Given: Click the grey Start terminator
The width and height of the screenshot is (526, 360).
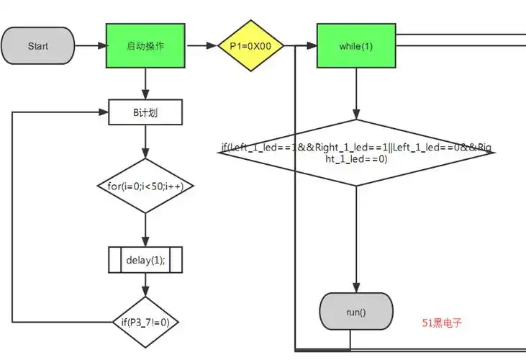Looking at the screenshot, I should (x=38, y=46).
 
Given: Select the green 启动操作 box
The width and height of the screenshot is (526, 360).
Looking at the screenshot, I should (x=145, y=46).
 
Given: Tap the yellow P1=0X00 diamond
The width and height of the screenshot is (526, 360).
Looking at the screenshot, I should (x=251, y=46).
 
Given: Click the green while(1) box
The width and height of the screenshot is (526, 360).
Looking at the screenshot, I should (x=357, y=46).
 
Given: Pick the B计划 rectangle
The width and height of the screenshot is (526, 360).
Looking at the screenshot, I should (x=145, y=112).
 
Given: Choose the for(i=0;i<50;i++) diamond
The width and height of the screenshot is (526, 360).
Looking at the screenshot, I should (x=145, y=186).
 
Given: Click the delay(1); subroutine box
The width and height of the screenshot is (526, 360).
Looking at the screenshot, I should (x=145, y=260).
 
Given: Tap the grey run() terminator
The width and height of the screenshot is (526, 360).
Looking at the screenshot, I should (x=356, y=312).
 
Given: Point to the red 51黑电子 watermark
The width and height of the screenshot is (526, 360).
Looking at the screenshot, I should (x=442, y=323).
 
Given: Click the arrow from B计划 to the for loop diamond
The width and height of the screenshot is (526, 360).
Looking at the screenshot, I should (x=145, y=142).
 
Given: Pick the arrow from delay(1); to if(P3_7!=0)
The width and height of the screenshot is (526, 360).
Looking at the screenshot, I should (x=145, y=285).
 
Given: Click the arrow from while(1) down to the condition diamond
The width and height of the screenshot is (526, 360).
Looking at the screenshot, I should (x=357, y=94).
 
